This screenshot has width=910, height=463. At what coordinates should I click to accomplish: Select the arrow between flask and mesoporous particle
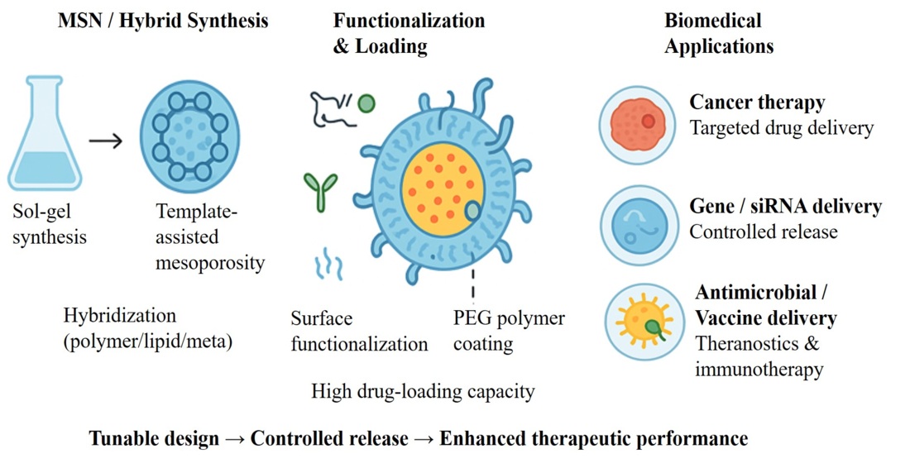[x=104, y=141]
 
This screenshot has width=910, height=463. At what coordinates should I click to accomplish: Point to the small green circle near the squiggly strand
[x=366, y=103]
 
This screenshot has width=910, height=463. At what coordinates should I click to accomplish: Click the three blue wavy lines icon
[x=328, y=265]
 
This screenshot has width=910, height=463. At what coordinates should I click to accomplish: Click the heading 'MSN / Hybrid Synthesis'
[x=163, y=21]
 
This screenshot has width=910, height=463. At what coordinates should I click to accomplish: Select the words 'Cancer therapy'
[x=757, y=103]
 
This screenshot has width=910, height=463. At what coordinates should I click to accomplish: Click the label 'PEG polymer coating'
[x=508, y=330]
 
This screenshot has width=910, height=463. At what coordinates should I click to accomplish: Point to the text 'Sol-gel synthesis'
[x=50, y=226]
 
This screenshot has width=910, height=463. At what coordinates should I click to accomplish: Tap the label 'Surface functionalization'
[x=358, y=331]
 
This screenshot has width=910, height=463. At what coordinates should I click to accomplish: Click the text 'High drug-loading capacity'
[x=423, y=390]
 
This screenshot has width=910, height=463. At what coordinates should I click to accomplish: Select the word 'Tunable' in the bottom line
[x=122, y=438]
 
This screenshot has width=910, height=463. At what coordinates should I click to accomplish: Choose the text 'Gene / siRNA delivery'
[x=785, y=206]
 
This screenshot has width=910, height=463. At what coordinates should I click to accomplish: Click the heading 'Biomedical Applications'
[x=718, y=33]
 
